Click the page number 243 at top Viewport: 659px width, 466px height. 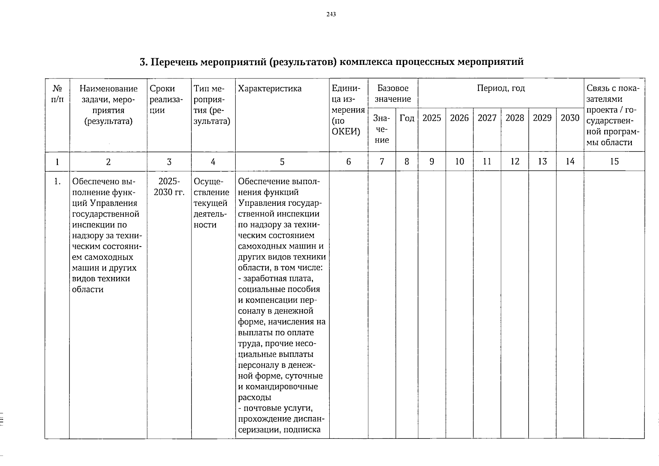point(331,14)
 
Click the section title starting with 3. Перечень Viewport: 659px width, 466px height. point(331,62)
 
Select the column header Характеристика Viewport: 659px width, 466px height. point(270,89)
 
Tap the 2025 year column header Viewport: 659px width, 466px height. point(431,118)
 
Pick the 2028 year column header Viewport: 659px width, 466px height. point(515,118)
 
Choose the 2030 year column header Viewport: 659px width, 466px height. point(570,118)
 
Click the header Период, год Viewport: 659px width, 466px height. point(501,89)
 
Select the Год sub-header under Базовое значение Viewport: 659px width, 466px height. point(407,118)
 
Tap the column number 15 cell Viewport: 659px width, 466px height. point(614,162)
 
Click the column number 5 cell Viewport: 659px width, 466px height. point(282,162)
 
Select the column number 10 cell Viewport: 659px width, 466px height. point(459,162)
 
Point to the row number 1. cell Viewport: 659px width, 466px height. point(57,181)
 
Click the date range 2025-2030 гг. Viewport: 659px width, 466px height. point(169,187)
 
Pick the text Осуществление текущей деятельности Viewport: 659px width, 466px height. point(211,203)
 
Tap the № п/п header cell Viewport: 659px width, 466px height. point(57,94)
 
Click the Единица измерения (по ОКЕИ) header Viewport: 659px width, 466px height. point(348,110)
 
